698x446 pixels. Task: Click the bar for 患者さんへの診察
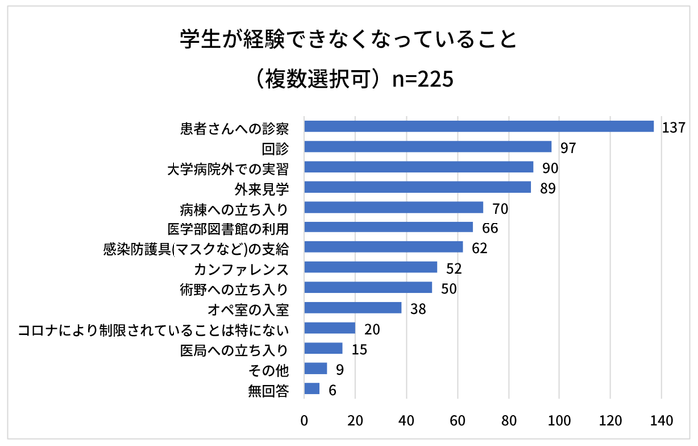pyautogui.click(x=479, y=127)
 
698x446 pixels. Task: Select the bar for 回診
pyautogui.click(x=428, y=147)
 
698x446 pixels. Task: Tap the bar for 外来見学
pyautogui.click(x=419, y=187)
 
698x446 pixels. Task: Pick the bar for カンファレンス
pyautogui.click(x=371, y=267)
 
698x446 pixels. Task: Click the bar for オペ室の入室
pyautogui.click(x=353, y=308)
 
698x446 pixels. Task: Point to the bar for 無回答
pyautogui.click(x=312, y=389)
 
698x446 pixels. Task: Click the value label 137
pyautogui.click(x=675, y=127)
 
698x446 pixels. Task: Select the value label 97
pyautogui.click(x=569, y=147)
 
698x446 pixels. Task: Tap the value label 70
pyautogui.click(x=501, y=208)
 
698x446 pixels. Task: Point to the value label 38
pyautogui.click(x=419, y=308)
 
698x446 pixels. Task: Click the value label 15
pyautogui.click(x=360, y=348)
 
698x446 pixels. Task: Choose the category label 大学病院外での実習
pyautogui.click(x=228, y=167)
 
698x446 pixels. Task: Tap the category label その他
pyautogui.click(x=269, y=369)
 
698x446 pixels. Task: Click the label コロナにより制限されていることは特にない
pyautogui.click(x=155, y=328)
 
